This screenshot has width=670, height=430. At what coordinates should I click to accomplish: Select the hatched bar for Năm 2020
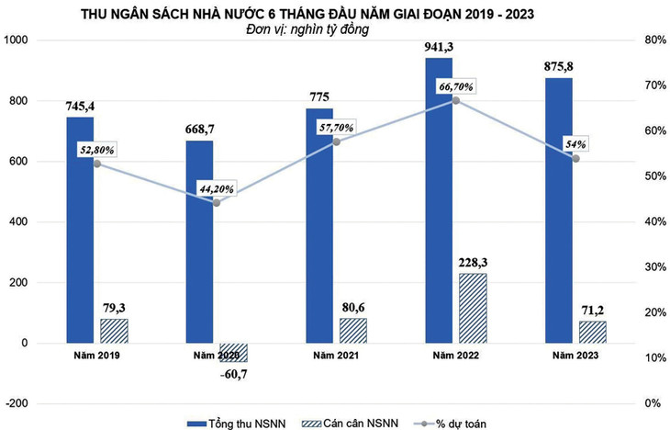click(233, 352)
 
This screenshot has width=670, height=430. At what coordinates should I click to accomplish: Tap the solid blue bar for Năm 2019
click(80, 230)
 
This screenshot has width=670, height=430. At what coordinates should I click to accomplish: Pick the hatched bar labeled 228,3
click(473, 308)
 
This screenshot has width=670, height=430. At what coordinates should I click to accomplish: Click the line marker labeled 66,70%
click(457, 99)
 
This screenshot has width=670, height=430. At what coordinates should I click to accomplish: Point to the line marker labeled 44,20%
click(216, 202)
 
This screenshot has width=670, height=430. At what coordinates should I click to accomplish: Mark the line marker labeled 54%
click(575, 158)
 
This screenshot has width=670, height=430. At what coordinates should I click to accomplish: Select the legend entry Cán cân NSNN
click(358, 422)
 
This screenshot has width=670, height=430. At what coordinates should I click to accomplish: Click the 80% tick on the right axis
click(653, 41)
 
